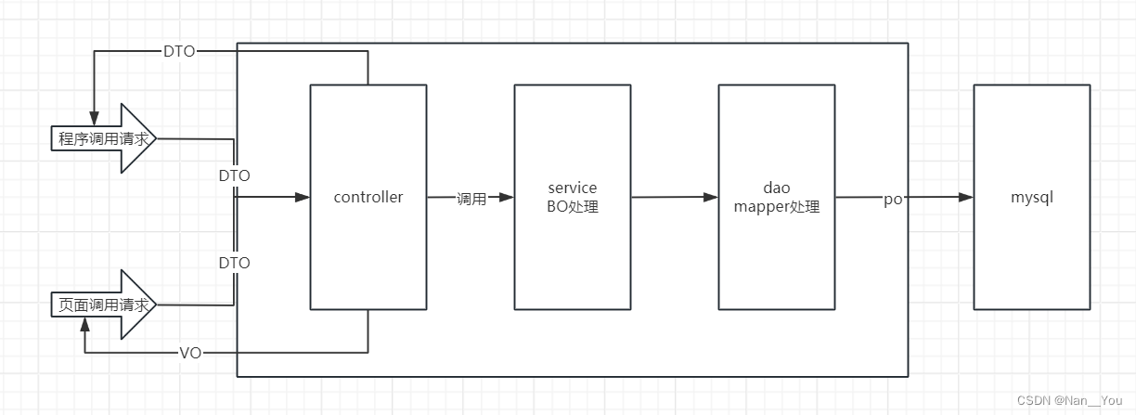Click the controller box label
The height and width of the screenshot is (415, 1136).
point(368,197)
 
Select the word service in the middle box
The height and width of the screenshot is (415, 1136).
point(573,188)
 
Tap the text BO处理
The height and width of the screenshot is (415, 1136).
point(573,206)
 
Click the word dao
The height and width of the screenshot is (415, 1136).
point(777,188)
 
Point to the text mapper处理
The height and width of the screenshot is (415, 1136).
point(777,206)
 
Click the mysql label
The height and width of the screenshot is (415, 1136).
point(1031,197)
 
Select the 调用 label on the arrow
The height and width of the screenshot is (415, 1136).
point(471,198)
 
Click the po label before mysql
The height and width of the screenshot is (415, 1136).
point(893,199)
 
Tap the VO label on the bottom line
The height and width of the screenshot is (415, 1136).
point(189,353)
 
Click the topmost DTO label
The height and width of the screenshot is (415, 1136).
point(179,52)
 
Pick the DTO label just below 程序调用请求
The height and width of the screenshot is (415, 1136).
point(234,175)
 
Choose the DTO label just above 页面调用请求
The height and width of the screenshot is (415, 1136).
point(234,263)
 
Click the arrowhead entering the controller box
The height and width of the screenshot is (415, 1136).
point(303,197)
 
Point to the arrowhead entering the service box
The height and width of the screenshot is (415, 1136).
point(507,197)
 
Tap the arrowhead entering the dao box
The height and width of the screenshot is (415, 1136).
point(711,197)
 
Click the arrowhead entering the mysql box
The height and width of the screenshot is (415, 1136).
point(966,197)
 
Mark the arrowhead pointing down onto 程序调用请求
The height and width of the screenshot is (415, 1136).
point(93,110)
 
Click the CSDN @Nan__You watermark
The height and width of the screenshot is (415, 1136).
point(1069,400)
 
